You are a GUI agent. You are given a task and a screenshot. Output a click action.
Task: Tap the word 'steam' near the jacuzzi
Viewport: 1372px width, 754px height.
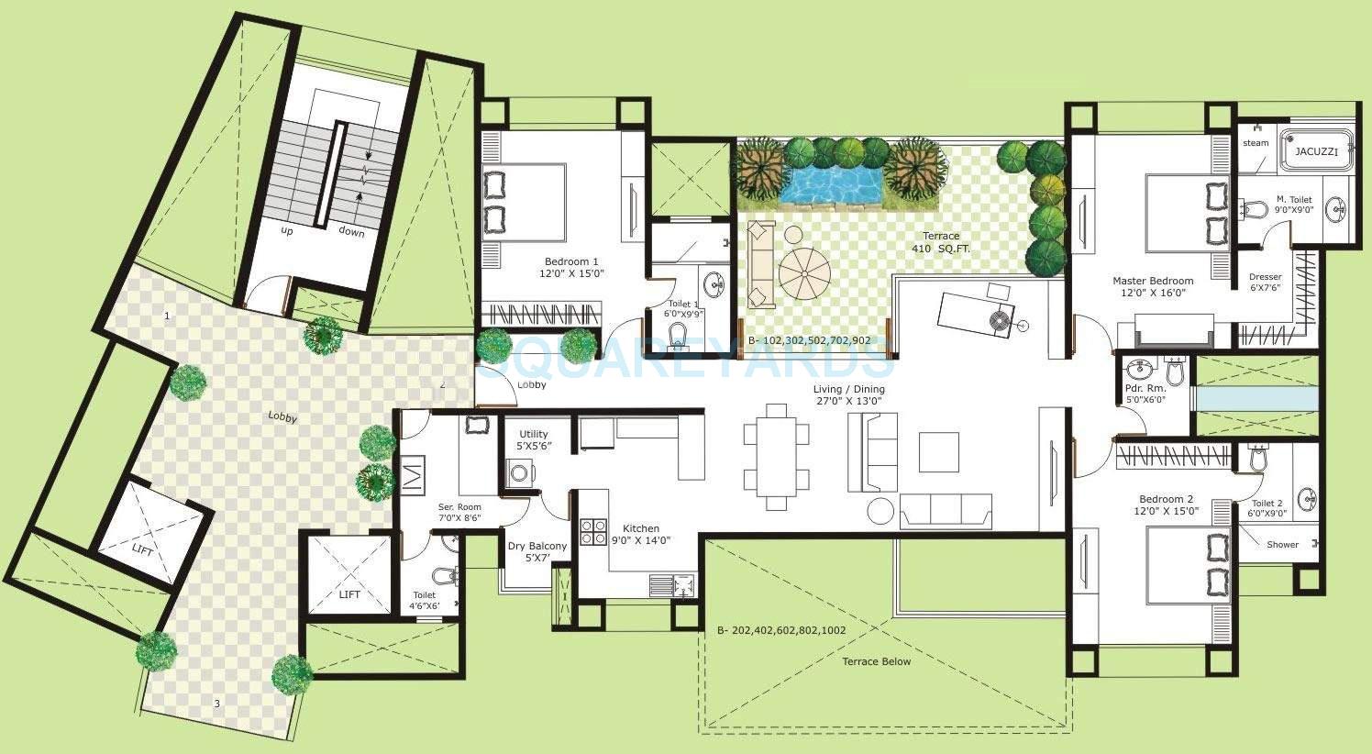[1256, 143]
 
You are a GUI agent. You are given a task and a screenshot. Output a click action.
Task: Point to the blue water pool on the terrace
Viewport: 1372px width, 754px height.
[830, 184]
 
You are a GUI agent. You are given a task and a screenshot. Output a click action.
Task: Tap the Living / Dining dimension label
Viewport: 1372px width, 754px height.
[848, 394]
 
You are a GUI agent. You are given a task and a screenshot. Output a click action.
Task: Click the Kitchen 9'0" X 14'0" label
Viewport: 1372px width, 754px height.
[640, 535]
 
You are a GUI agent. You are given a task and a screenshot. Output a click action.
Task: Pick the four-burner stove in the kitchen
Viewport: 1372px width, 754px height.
[593, 533]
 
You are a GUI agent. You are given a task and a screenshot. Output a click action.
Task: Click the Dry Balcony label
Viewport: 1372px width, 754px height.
[537, 552]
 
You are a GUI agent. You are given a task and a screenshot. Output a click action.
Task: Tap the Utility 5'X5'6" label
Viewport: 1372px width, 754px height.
[533, 439]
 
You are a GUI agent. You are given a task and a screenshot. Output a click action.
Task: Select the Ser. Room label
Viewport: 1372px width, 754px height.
[459, 513]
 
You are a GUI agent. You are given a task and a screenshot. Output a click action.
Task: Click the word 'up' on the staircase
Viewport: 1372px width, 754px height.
[287, 230]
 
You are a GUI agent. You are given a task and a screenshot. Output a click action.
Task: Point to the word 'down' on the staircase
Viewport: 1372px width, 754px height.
[351, 232]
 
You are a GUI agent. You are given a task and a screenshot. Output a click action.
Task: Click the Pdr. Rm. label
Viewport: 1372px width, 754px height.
[1145, 394]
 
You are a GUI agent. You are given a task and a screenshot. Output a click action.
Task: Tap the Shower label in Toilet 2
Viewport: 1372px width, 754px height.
[1282, 544]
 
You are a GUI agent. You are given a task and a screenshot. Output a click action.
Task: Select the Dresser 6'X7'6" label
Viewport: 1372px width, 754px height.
[1266, 283]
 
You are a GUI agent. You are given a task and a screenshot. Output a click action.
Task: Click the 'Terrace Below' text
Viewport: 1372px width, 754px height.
[878, 661]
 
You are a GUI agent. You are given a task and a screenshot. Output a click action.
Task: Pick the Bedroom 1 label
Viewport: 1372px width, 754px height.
[570, 267]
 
